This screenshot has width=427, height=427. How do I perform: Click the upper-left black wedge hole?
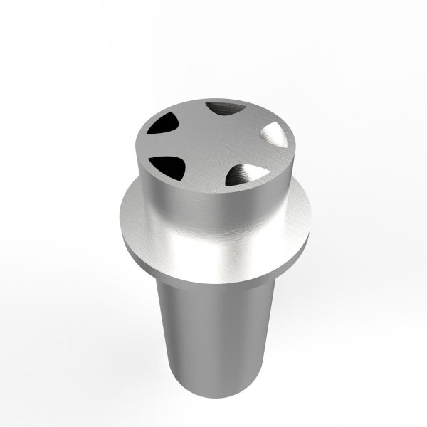pos(162,125)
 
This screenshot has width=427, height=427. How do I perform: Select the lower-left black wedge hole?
pos(167,167)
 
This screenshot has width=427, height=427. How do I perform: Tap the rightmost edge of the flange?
pos(311,217)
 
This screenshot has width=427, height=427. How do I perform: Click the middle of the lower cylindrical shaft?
pos(213,334)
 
